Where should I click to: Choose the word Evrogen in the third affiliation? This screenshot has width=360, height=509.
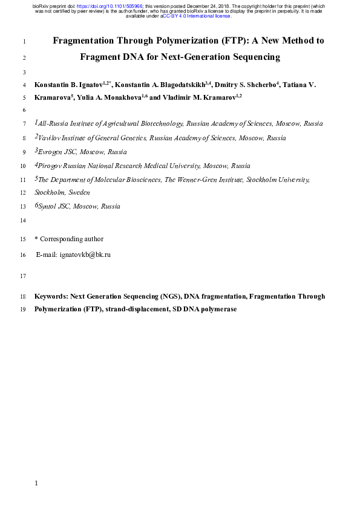pos(51,152)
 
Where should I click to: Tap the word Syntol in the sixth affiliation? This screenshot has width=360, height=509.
pos(50,207)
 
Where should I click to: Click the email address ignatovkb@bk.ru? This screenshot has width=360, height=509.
pos(85,255)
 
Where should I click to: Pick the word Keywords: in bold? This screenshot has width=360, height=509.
pos(51,297)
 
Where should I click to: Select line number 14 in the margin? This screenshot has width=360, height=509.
pos(23,221)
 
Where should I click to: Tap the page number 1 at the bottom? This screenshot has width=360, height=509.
pos(37,484)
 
